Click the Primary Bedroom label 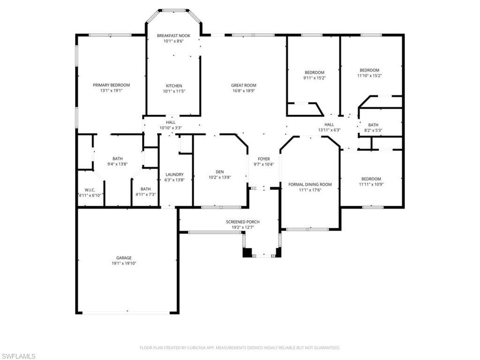click(111, 85)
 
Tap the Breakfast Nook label click(173, 36)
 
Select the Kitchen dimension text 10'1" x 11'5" click(173, 91)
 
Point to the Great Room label click(244, 85)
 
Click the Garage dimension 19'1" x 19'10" click(124, 264)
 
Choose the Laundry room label click(171, 174)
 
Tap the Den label click(220, 172)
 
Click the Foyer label click(264, 159)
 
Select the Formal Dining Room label click(310, 184)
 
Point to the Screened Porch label click(242, 222)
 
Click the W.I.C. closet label click(90, 189)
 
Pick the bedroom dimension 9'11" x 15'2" click(315, 78)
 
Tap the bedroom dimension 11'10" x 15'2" click(369, 75)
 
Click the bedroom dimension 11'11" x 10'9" click(371, 184)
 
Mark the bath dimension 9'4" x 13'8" click(117, 164)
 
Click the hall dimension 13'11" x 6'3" click(329, 130)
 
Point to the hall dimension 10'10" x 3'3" click(171, 127)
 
